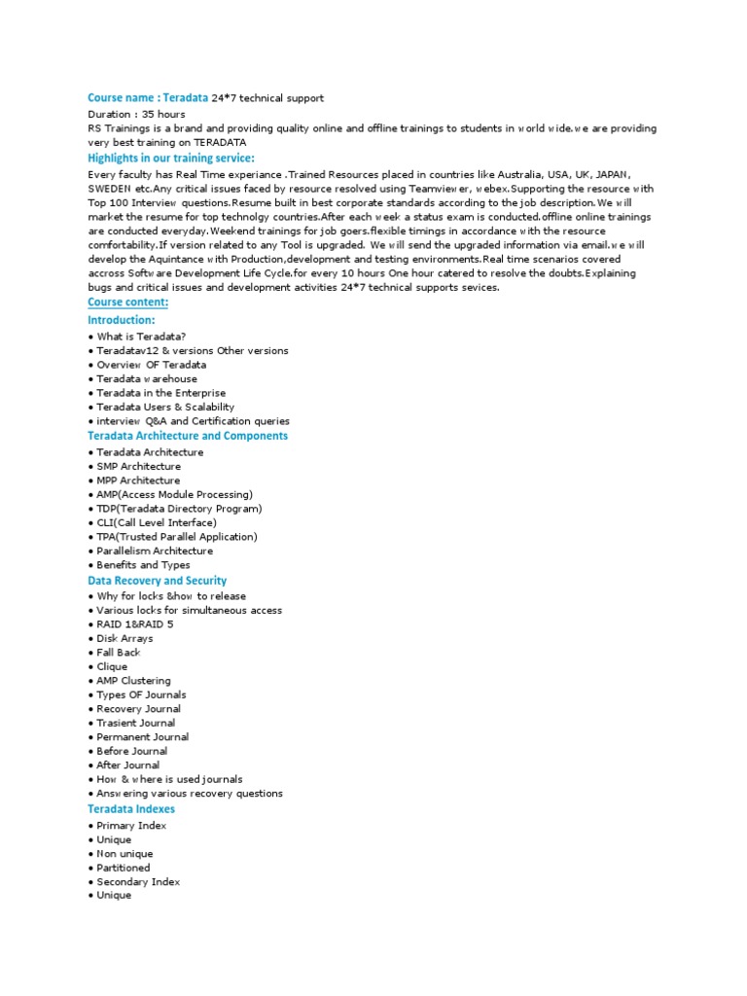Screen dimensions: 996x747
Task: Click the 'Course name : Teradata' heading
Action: click(x=148, y=98)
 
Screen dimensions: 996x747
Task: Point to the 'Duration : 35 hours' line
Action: click(x=136, y=114)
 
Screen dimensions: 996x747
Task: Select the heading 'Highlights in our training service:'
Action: click(x=171, y=158)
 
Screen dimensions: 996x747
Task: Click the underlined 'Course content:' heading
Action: click(x=127, y=302)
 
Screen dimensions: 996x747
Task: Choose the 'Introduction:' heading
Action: click(x=121, y=320)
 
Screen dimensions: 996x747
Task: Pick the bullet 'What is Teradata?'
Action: click(x=141, y=337)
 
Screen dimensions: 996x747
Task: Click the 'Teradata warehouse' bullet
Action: click(x=146, y=378)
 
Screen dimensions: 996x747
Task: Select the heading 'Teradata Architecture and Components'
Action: click(x=188, y=436)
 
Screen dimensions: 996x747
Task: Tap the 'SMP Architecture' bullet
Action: click(x=138, y=466)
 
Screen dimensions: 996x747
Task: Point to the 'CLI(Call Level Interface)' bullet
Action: click(x=156, y=522)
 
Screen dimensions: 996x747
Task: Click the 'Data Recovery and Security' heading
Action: click(x=157, y=580)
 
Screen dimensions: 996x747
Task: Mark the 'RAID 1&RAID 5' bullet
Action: click(x=135, y=624)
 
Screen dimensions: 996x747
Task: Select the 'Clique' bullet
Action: click(x=112, y=666)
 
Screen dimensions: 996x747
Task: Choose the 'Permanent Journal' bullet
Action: click(x=143, y=736)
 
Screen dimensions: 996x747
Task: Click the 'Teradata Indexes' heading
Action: click(x=131, y=808)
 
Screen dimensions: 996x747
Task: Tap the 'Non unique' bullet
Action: click(x=124, y=853)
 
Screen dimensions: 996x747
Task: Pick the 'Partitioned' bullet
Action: click(x=123, y=868)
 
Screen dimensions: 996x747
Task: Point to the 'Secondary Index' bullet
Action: click(x=138, y=881)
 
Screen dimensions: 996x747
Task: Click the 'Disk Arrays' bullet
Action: click(x=124, y=638)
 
